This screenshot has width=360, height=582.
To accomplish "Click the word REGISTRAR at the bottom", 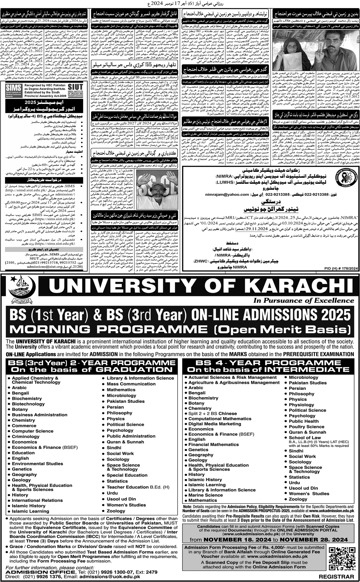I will click(337, 576).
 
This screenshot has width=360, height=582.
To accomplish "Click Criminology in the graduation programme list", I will click(26, 437).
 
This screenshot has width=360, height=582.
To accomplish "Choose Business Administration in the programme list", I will click(39, 415).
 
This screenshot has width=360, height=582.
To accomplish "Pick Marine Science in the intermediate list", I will click(205, 495).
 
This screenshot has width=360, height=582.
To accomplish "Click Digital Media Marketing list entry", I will click(214, 424).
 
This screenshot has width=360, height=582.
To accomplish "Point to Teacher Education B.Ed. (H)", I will click(138, 487).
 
